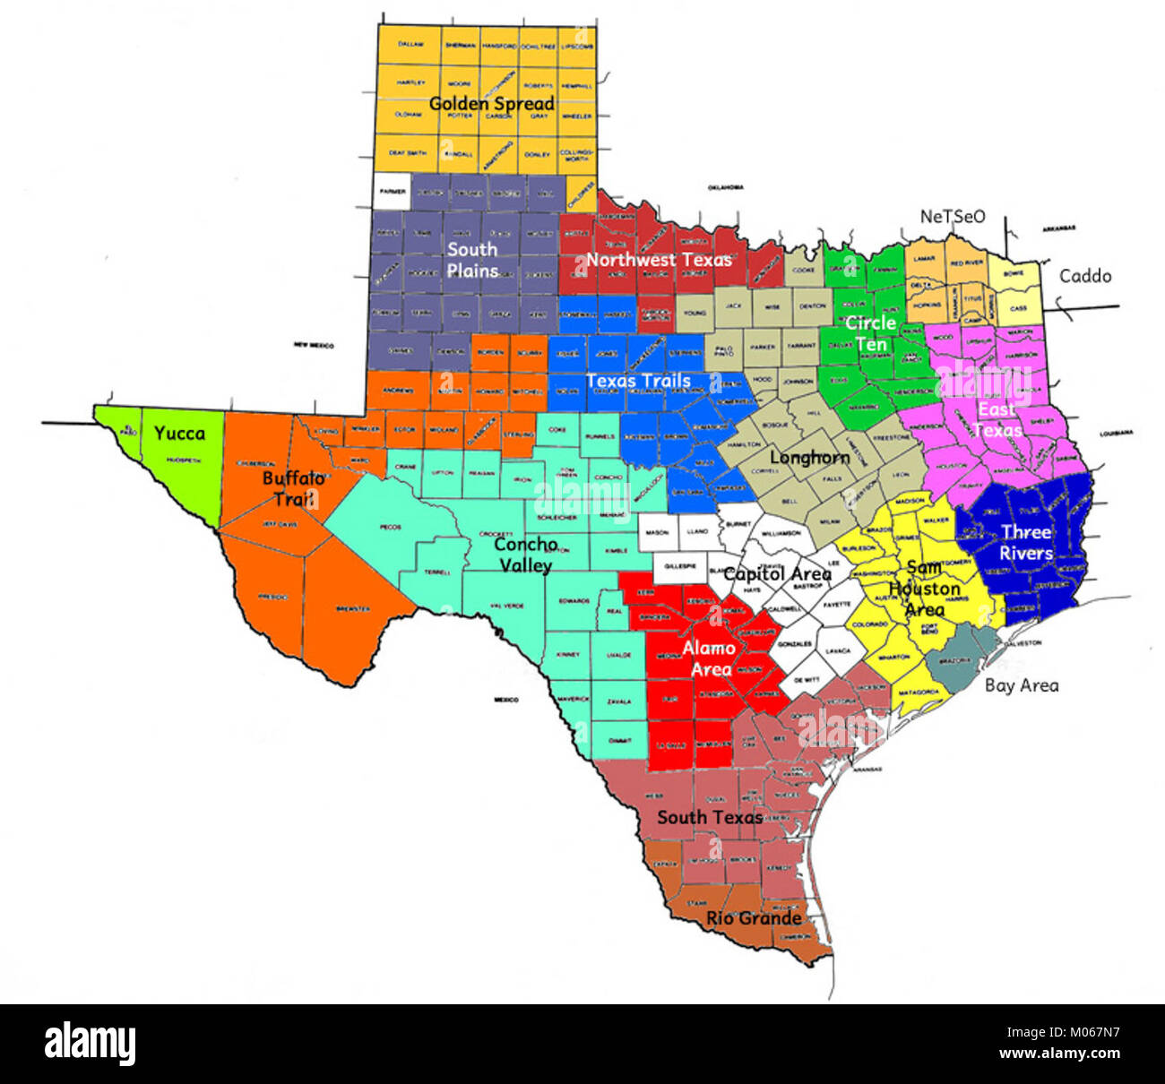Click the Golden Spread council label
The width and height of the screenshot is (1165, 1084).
coord(491,104)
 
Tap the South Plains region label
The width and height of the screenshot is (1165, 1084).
coord(472,260)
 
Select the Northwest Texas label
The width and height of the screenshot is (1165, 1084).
coord(659,260)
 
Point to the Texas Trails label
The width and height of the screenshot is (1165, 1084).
coord(638,381)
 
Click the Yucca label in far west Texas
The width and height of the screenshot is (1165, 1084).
coord(179,434)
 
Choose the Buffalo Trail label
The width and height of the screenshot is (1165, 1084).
coord(293,488)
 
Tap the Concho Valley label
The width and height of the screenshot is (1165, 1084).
coord(525,555)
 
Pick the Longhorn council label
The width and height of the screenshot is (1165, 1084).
coord(809,458)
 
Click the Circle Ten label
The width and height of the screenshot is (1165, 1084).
coord(870,333)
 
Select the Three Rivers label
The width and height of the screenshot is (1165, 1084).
coord(1026,543)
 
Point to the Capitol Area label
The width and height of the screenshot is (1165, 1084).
coord(777,573)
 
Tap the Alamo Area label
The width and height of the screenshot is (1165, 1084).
coord(709,658)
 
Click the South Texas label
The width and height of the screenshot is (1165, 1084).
coord(710,817)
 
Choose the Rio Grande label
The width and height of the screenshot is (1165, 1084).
coord(754,918)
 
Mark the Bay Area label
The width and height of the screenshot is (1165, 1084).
coord(1022,685)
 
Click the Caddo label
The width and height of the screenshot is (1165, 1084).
coord(1085,276)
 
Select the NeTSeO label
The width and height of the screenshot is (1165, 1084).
coord(952,216)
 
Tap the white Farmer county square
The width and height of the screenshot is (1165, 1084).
coord(391,192)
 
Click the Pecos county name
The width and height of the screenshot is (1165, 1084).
coord(390,527)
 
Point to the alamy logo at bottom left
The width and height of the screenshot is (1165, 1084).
coord(90,1044)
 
